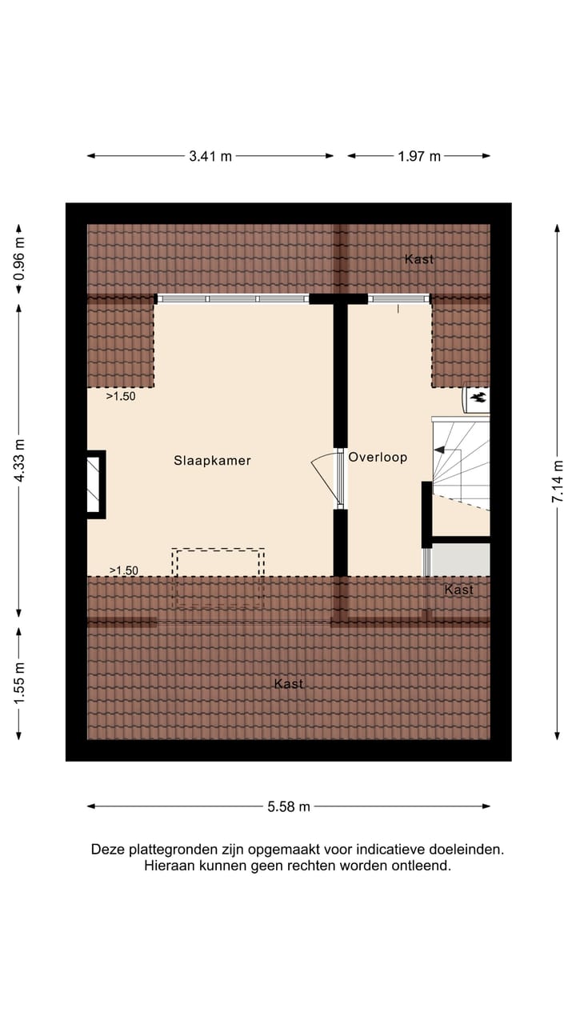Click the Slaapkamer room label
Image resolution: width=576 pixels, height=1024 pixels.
[213, 460]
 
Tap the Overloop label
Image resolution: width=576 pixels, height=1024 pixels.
[378, 457]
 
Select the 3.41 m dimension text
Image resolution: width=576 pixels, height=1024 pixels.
[210, 157]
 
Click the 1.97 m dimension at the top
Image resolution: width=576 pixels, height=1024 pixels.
[419, 157]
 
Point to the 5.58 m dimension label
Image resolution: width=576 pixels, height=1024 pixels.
[289, 806]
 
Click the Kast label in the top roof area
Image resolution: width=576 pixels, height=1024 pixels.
[419, 259]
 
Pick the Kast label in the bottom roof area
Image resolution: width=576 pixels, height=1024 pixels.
[289, 684]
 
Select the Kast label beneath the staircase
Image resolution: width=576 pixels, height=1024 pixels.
[458, 590]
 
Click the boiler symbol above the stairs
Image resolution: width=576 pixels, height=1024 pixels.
[478, 397]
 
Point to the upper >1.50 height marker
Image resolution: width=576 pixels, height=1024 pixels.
[121, 395]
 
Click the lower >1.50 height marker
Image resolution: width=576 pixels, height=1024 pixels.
[123, 570]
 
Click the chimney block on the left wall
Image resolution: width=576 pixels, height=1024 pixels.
[96, 484]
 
